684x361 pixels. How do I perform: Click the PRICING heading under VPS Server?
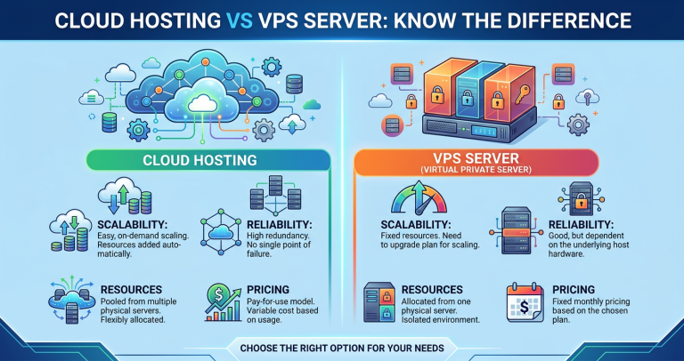[x=574, y=290]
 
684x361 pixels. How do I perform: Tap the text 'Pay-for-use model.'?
[x=276, y=302]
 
